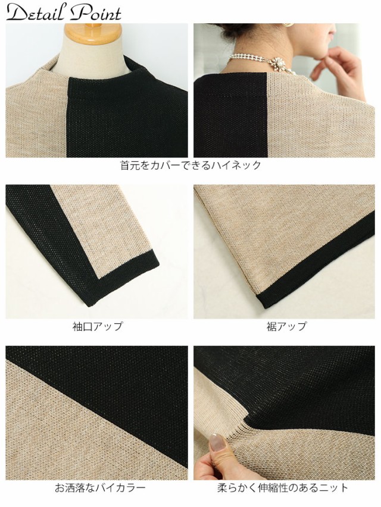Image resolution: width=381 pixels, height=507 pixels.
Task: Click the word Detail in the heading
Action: (33, 13)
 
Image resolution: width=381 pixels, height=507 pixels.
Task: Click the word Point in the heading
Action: (95, 13)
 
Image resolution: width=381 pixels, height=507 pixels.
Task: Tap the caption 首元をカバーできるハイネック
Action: (190, 165)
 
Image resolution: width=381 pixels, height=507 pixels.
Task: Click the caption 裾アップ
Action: (286, 326)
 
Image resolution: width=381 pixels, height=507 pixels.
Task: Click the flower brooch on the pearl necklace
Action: (277, 62)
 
